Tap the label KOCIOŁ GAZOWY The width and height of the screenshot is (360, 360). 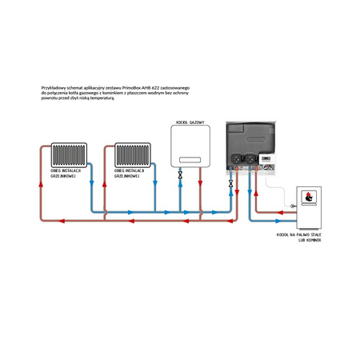[x=190, y=123]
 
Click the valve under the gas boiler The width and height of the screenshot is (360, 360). [x=181, y=174]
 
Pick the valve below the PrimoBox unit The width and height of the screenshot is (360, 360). [x=231, y=183]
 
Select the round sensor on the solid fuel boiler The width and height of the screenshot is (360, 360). [x=294, y=206]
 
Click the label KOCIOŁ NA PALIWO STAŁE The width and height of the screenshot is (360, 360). [x=298, y=235]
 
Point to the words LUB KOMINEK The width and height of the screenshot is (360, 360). [x=309, y=240]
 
